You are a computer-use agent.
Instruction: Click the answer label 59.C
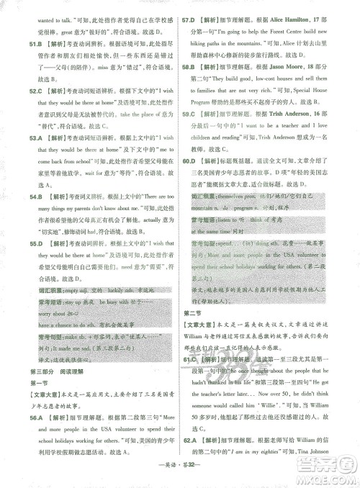click(191, 114)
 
